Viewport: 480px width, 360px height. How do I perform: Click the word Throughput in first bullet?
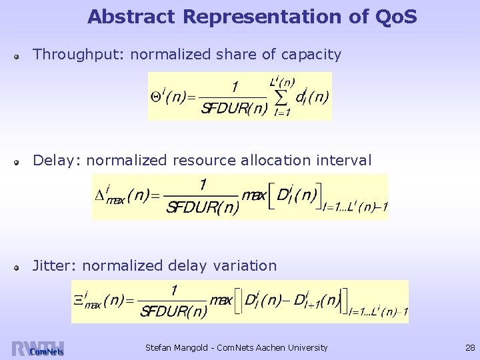click(78, 55)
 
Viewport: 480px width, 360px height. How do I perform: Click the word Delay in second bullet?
click(56, 160)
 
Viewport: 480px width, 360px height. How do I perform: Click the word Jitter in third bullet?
click(55, 265)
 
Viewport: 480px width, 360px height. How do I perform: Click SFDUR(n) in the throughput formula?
click(234, 109)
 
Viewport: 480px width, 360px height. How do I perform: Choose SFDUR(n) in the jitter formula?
click(173, 312)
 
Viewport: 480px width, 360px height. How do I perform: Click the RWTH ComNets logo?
click(37, 349)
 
